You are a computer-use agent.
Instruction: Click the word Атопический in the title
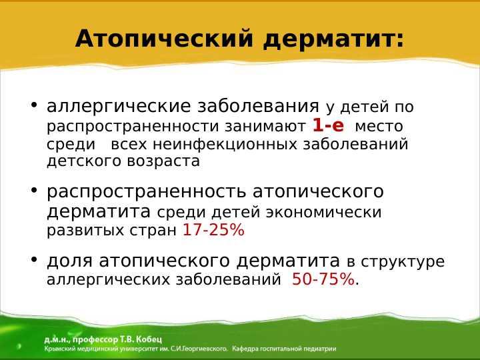pyautogui.click(x=164, y=38)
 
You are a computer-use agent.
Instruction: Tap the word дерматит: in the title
pyautogui.click(x=334, y=39)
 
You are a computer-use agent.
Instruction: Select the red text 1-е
pyautogui.click(x=328, y=125)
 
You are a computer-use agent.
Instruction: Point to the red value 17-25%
pyautogui.click(x=213, y=229)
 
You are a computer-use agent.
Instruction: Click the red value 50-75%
pyautogui.click(x=323, y=279)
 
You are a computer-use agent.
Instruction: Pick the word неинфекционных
pyautogui.click(x=225, y=144)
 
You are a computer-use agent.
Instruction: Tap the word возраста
pyautogui.click(x=163, y=161)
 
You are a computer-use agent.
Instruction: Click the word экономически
pyautogui.click(x=323, y=213)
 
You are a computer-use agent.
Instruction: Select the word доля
pyautogui.click(x=69, y=261)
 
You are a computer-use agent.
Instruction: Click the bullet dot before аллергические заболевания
pyautogui.click(x=34, y=105)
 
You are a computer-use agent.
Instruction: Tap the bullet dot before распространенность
pyautogui.click(x=34, y=190)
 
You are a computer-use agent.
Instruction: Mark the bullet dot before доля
pyautogui.click(x=34, y=260)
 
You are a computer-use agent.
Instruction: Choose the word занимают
pyautogui.click(x=265, y=127)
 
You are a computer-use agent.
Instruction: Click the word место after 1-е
pyautogui.click(x=379, y=127)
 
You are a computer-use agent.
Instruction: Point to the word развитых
pyautogui.click(x=85, y=231)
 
